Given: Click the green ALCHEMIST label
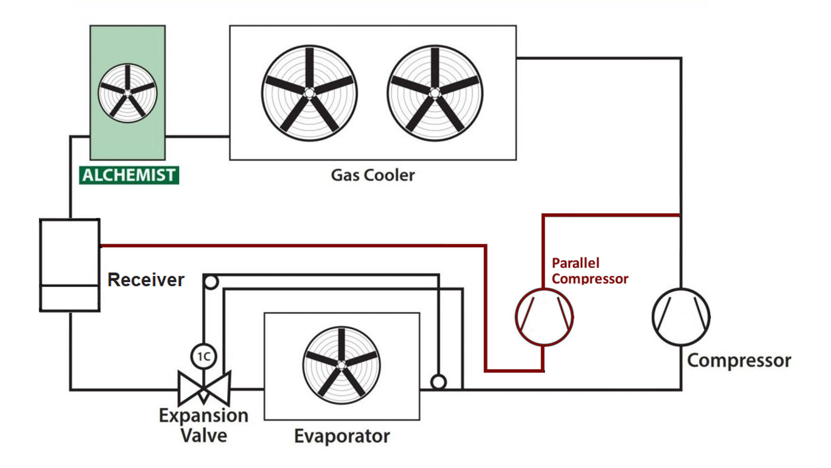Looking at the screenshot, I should click(x=129, y=175).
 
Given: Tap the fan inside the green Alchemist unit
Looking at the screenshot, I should click(x=128, y=93).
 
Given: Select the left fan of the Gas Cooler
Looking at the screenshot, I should click(x=309, y=93).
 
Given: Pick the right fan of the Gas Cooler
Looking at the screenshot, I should click(x=435, y=93).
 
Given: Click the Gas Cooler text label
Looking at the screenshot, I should click(x=373, y=175).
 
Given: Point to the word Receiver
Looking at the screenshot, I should click(x=146, y=279).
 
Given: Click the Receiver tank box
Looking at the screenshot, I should click(x=70, y=265).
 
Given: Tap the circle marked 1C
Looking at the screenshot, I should click(x=203, y=356).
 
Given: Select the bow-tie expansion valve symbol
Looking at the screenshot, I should click(x=204, y=388).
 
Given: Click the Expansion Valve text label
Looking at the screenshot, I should click(x=204, y=425).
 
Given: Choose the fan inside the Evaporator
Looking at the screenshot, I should click(x=341, y=365).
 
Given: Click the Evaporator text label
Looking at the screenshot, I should click(x=342, y=436).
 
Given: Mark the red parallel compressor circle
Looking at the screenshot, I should click(x=544, y=317).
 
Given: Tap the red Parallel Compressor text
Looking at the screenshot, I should click(x=589, y=271).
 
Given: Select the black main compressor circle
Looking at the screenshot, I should click(x=681, y=317).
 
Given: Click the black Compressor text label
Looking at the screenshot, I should click(x=739, y=361).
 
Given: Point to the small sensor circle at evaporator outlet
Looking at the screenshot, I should click(x=438, y=382).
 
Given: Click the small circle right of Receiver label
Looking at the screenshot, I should click(x=211, y=282).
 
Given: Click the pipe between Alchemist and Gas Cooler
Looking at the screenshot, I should click(x=197, y=136).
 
